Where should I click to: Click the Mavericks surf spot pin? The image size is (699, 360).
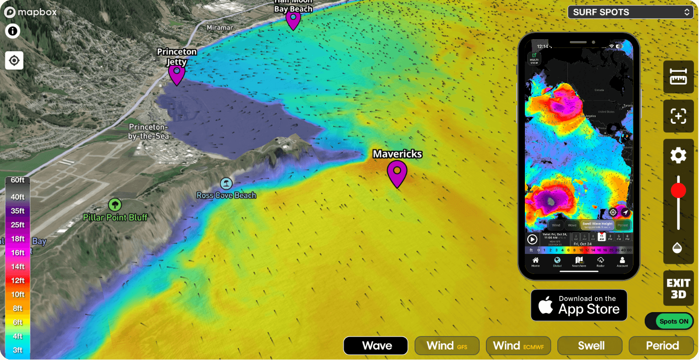pos(397,173)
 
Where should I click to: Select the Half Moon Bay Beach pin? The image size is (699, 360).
pos(293,20)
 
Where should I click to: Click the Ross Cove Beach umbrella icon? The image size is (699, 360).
pos(226,184)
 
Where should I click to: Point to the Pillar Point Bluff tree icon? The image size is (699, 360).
pos(115,204)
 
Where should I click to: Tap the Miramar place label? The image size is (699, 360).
pos(220,28)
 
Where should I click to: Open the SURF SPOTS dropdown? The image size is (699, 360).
pos(631,12)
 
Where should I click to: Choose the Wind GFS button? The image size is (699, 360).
pos(447,346)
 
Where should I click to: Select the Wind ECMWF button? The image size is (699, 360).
pos(519,346)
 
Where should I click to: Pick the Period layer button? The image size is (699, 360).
pos(661,346)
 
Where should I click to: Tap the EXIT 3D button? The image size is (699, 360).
pos(678,289)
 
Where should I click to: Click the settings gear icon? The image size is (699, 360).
pos(678,156)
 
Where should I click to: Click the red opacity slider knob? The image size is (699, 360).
pos(678,191)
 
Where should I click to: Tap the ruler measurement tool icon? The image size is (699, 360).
pos(678,77)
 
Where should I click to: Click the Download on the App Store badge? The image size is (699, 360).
pos(579,305)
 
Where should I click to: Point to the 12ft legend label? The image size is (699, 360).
pos(18,280)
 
